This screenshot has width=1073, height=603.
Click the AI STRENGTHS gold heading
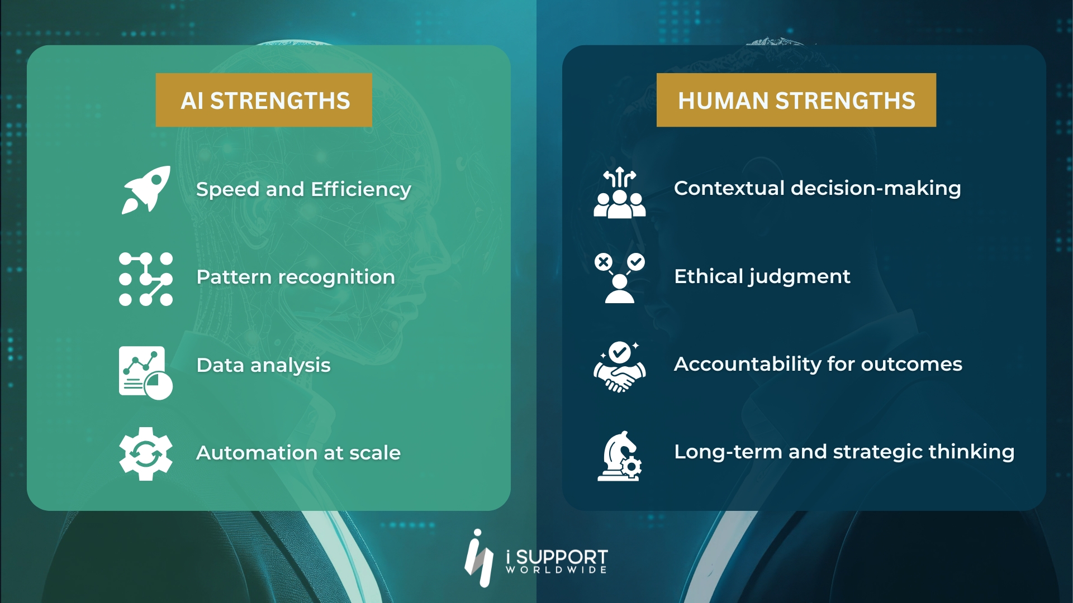(264, 100)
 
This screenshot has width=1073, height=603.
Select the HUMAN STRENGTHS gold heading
(796, 100)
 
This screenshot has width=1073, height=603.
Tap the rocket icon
(146, 189)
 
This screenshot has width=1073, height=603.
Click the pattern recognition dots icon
(146, 279)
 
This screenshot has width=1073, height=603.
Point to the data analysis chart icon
(145, 372)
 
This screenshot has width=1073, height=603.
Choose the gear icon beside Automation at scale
(145, 453)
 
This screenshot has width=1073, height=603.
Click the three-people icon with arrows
(619, 193)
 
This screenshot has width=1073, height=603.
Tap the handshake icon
(619, 368)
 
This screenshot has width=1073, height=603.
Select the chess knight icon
(619, 456)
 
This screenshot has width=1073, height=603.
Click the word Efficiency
(361, 189)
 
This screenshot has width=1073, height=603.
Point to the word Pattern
(234, 277)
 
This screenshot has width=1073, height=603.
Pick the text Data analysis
(263, 365)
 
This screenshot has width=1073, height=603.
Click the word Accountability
(747, 364)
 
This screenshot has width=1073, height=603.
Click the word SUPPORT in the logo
(561, 557)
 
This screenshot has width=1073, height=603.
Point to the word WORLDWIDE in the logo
(556, 570)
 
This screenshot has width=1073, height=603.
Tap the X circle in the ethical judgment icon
(604, 262)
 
